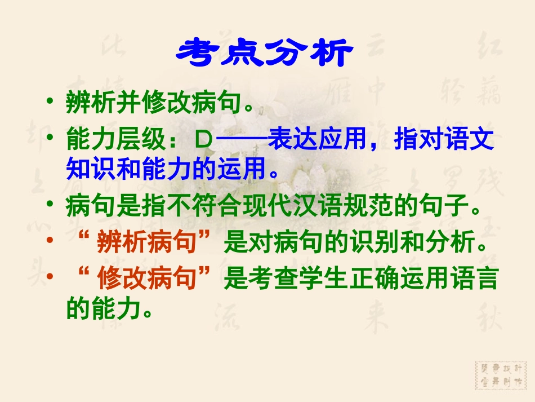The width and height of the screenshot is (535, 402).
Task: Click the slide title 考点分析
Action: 265,54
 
